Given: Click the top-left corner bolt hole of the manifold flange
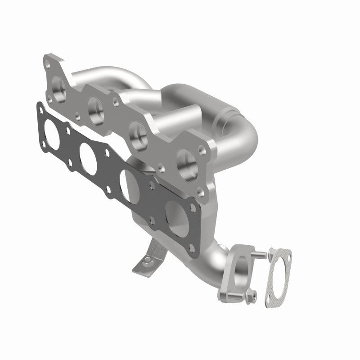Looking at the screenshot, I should coord(48,66).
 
